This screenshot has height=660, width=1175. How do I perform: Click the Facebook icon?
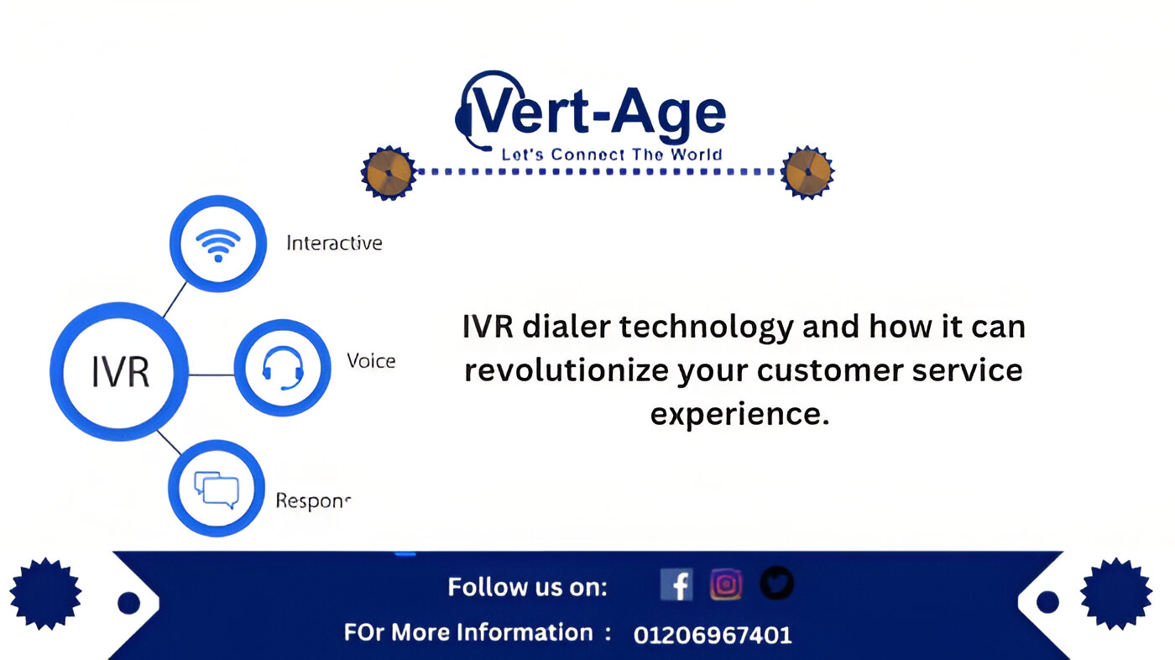tap(676, 584)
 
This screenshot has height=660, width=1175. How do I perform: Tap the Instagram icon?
tap(726, 584)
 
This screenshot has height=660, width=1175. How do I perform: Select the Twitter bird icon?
tap(777, 583)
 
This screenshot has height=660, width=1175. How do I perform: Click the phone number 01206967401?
tap(713, 635)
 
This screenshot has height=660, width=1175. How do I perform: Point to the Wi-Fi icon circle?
tap(218, 244)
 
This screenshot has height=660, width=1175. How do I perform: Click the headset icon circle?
tap(282, 368)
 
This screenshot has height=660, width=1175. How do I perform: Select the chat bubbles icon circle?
tap(217, 489)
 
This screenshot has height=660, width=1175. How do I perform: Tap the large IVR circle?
tap(119, 371)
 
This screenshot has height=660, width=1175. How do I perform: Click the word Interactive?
tap(334, 243)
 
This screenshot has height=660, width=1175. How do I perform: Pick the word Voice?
tap(371, 361)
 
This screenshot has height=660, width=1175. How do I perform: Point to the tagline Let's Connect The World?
tap(612, 155)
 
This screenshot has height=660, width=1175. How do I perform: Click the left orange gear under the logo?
tap(389, 173)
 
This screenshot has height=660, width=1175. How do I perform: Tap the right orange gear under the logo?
tap(807, 173)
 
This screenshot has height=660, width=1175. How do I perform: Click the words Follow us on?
tap(527, 587)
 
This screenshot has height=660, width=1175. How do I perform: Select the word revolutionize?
tap(567, 369)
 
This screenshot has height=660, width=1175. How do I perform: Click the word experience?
tap(739, 415)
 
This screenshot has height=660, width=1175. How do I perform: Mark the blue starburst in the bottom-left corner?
tap(45, 594)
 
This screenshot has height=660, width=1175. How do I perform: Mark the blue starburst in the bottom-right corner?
tap(1116, 594)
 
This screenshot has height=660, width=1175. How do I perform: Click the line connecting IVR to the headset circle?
tap(211, 375)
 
